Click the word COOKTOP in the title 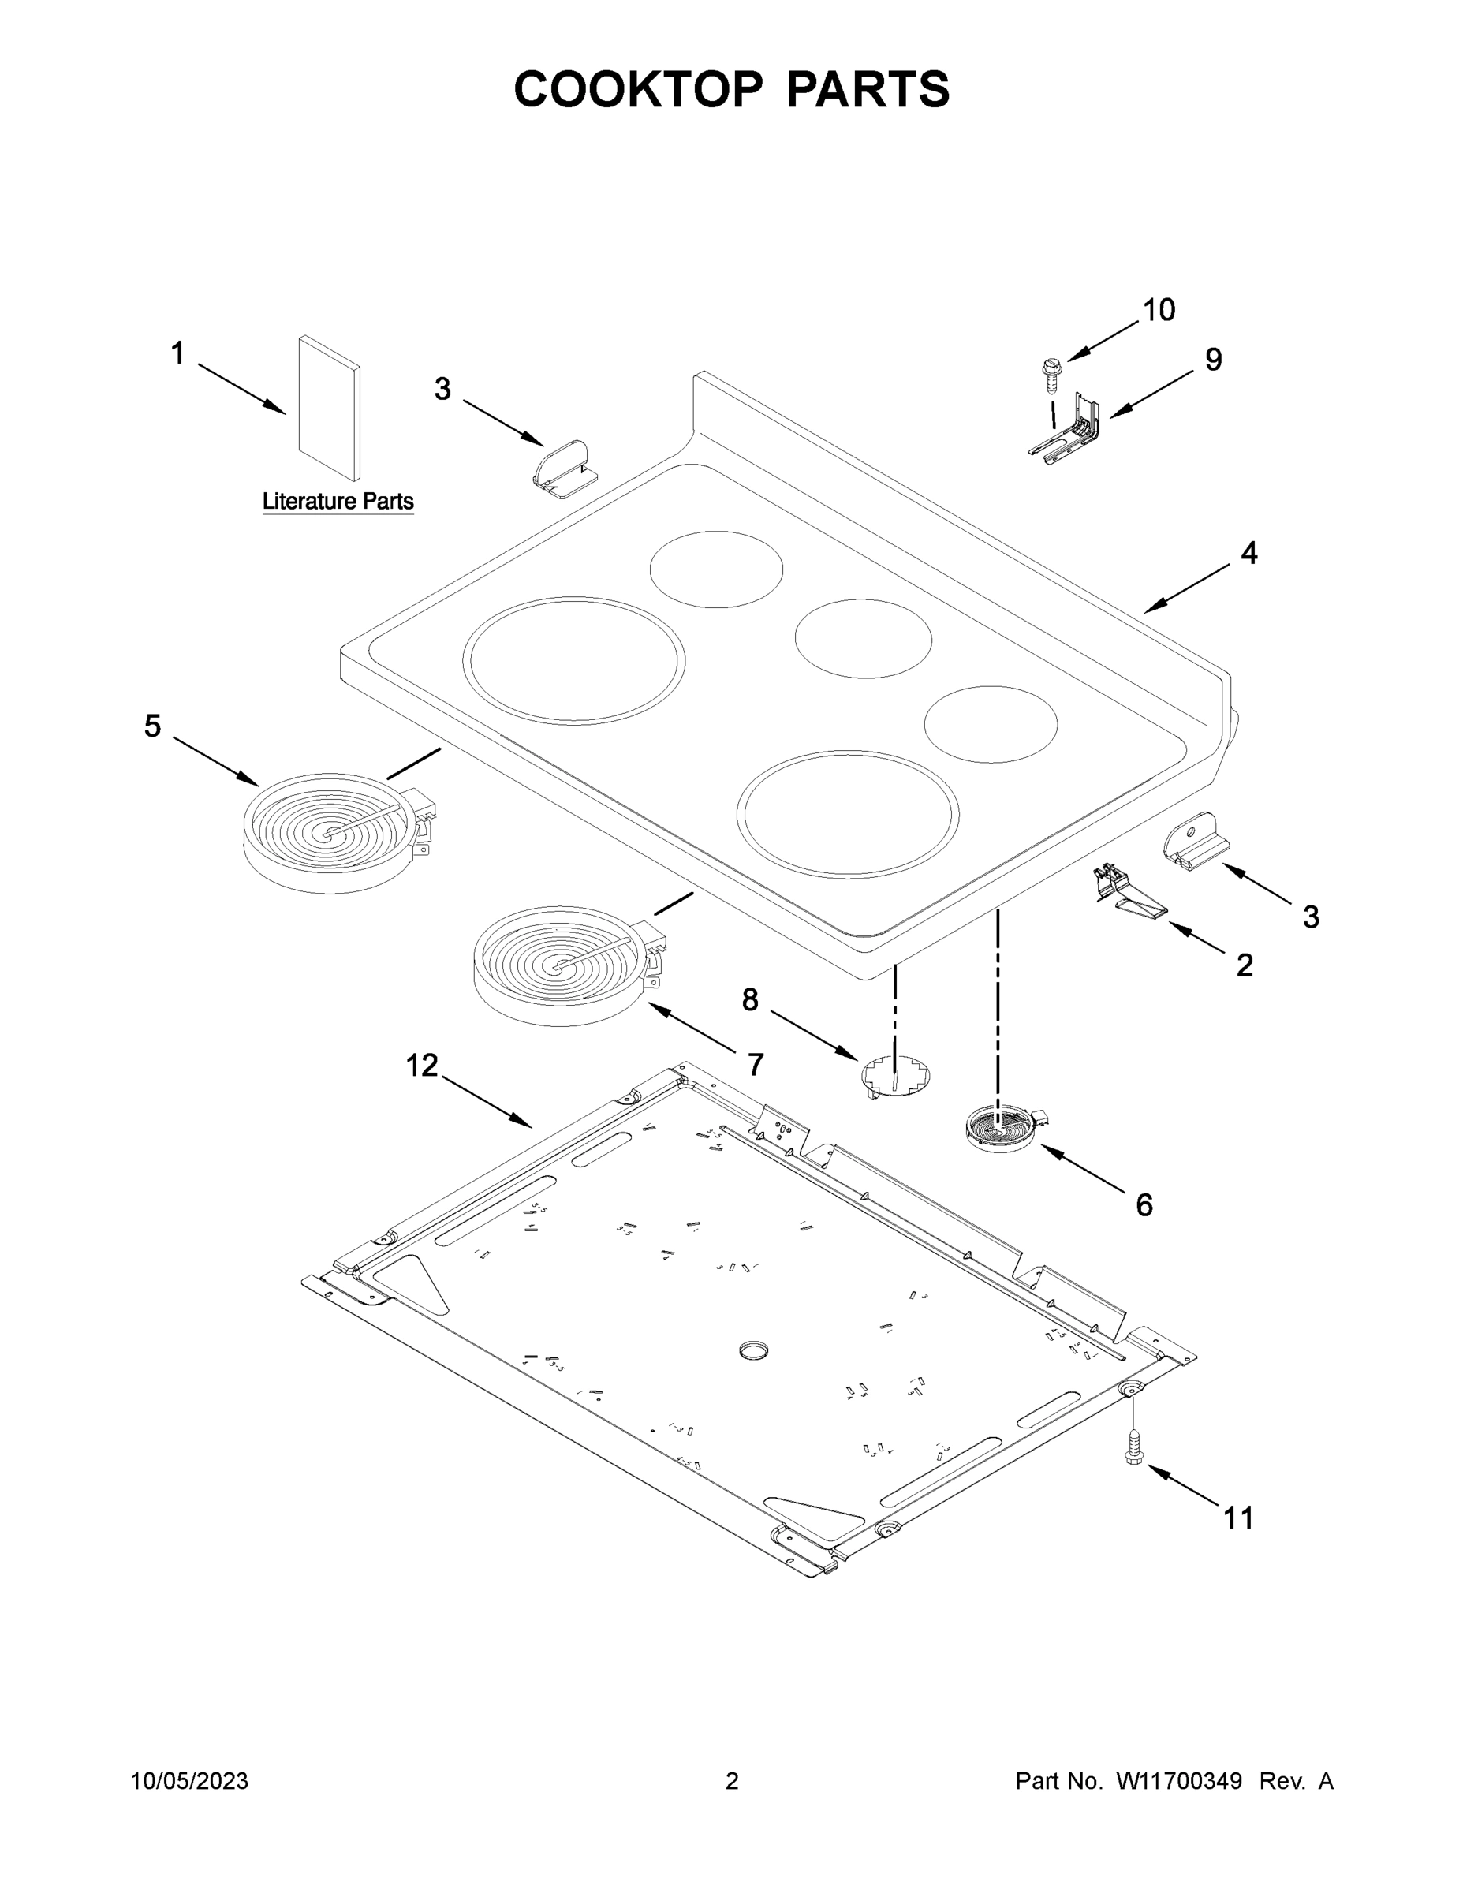639,89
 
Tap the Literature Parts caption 338,501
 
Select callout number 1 177,353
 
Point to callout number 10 1159,309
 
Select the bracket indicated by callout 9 1068,429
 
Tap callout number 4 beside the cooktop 1248,553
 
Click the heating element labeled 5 330,832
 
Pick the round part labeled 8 896,1077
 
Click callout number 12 422,1066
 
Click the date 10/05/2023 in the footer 189,1780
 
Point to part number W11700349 1179,1780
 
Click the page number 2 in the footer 732,1780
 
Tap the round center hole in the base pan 754,1350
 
